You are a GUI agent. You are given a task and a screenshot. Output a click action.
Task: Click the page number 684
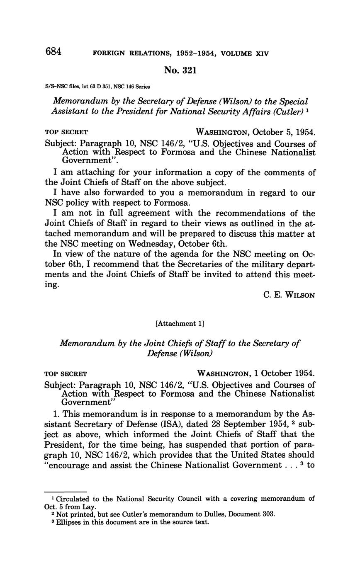pos(53,52)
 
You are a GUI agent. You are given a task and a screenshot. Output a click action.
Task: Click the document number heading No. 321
pos(180,70)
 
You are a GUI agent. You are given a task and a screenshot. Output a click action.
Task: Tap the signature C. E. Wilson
pos(289,295)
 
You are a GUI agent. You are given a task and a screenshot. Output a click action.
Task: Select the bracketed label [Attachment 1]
pos(180,323)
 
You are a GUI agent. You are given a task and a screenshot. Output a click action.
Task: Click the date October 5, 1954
pos(283,132)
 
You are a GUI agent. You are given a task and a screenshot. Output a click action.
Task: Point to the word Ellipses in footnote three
pos(68,522)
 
